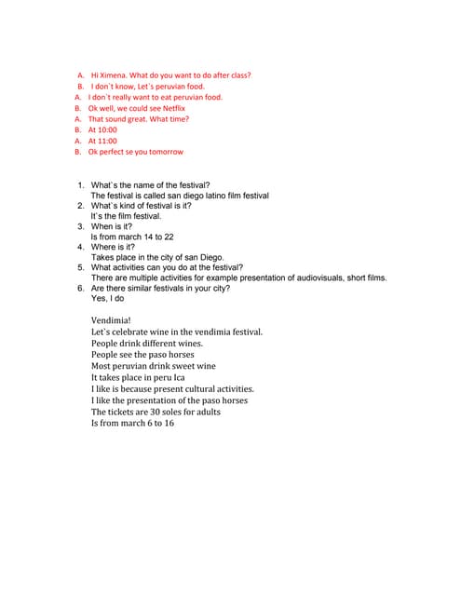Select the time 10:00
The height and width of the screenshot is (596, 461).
tap(107, 130)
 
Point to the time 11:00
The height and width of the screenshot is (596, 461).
tap(107, 141)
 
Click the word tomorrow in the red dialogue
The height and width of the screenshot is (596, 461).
tap(164, 152)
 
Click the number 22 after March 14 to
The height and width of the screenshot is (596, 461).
tap(168, 237)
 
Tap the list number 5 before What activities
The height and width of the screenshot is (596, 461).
tap(81, 267)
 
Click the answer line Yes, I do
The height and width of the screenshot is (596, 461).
tap(107, 299)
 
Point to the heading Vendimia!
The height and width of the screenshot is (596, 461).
tap(111, 320)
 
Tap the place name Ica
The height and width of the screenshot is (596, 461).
tap(179, 378)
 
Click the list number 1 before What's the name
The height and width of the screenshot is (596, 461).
tap(81, 185)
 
